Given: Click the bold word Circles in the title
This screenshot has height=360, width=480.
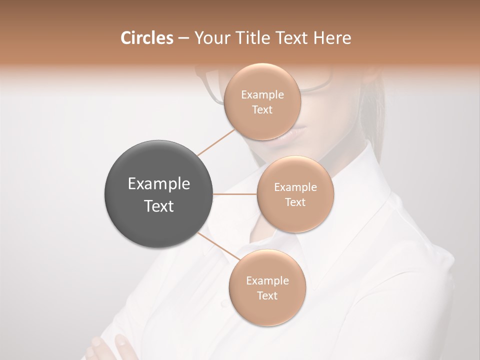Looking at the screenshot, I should coord(146,38).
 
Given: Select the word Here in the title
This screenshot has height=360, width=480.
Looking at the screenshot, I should coord(332,38).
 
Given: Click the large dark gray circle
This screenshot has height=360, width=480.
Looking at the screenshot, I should coord(158,194).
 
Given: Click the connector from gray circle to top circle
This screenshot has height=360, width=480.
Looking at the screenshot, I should coord(216,142).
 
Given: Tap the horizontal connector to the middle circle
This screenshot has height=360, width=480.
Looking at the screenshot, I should coord(234,194).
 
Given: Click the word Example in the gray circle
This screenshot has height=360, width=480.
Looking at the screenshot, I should coord(158,184).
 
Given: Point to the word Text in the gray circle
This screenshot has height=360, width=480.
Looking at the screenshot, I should coord(158,206).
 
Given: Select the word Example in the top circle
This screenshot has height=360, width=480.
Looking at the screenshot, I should coord(262,95).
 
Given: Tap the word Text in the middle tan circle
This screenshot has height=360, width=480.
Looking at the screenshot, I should coord(295,202).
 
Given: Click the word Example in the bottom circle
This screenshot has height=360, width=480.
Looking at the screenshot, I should coord(267,281).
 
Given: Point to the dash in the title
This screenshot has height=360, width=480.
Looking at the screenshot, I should coord(183,38).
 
